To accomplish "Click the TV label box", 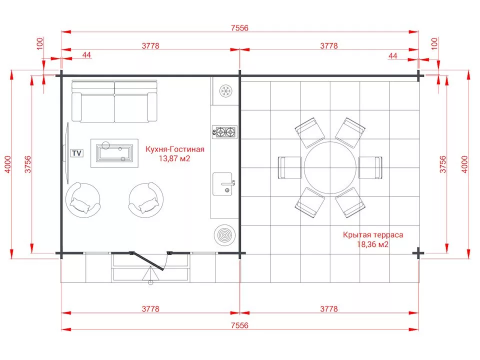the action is (77, 153).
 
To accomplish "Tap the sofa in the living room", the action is (114, 101).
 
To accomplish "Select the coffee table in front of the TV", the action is (114, 153).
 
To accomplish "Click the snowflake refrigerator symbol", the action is (226, 90).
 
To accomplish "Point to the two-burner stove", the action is (225, 132).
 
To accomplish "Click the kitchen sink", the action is (223, 184).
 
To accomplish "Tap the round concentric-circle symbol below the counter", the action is (224, 235).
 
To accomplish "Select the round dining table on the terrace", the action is (330, 167).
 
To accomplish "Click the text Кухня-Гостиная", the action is (175, 149).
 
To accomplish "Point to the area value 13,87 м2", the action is (174, 158).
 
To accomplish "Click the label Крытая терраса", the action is (373, 235).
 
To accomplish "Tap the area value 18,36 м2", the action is (373, 244).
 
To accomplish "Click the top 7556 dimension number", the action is (239, 28).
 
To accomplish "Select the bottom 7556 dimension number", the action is (239, 325).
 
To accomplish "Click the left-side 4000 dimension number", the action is (7, 164).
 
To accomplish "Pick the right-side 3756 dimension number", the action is (442, 164).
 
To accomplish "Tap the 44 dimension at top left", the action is (86, 54).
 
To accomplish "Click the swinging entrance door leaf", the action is (147, 261).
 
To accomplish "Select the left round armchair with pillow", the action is (82, 200).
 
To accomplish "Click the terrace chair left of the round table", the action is (289, 167).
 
